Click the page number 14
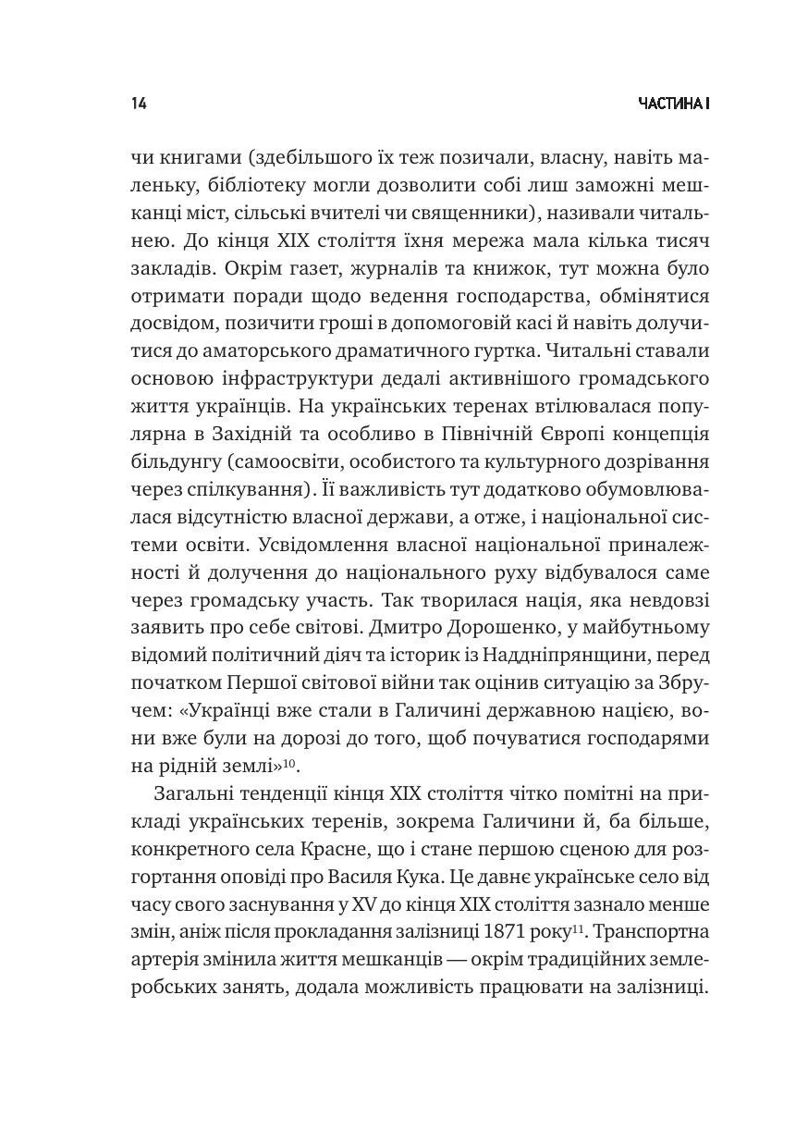(139, 104)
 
